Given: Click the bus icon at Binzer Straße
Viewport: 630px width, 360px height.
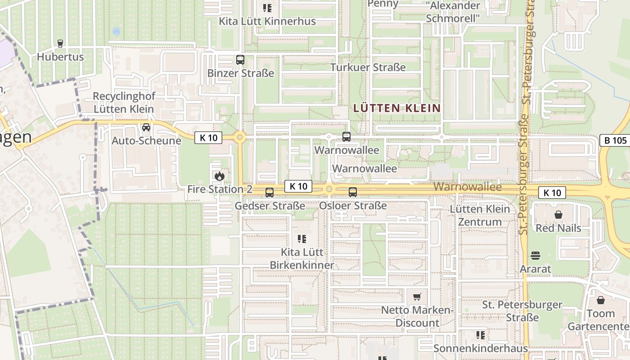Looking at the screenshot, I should [240, 59].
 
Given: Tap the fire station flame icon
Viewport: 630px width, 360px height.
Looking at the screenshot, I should [220, 175].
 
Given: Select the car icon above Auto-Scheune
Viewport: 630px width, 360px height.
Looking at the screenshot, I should [146, 127].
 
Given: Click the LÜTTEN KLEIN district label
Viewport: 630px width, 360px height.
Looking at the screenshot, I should [397, 108].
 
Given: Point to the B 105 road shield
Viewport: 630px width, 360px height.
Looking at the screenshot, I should [615, 140].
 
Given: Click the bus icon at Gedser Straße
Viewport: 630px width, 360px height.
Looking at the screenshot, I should [270, 193].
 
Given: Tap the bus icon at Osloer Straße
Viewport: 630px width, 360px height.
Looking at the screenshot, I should [353, 192].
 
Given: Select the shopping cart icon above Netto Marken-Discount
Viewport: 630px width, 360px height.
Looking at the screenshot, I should [417, 297].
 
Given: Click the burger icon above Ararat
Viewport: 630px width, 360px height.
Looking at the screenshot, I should [535, 256].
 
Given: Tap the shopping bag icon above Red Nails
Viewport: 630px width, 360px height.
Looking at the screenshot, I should [558, 215].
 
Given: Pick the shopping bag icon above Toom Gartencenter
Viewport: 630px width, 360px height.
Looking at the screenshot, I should [600, 300].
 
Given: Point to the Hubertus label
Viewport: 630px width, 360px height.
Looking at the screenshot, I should [60, 57].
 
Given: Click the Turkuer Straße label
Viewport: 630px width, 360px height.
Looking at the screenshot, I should [368, 67].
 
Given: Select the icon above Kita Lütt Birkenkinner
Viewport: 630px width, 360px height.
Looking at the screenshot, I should [302, 238].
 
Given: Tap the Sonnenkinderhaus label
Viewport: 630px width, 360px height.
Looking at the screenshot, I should [480, 349].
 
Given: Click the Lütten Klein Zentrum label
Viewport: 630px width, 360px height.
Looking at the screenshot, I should [480, 215].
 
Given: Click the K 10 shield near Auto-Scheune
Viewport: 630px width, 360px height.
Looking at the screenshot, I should [208, 138].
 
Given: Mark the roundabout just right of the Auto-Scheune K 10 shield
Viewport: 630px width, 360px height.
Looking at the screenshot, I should [240, 137].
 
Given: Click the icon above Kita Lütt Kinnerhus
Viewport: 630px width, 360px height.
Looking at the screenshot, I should [267, 8].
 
